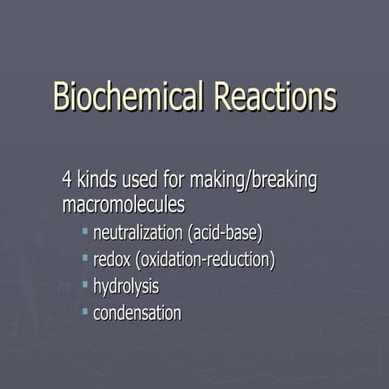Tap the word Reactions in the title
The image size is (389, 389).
click(275, 96)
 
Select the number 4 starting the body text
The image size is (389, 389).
click(67, 179)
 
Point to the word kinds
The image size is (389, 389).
click(99, 179)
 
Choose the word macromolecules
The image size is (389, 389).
click(123, 204)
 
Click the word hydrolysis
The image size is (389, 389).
click(126, 286)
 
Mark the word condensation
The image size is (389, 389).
click(137, 312)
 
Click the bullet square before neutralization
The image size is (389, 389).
click(85, 233)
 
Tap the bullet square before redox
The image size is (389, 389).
click(85, 259)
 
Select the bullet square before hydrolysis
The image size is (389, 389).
click(85, 284)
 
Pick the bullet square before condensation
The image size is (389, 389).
click(85, 310)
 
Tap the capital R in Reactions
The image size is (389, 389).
click(224, 96)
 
